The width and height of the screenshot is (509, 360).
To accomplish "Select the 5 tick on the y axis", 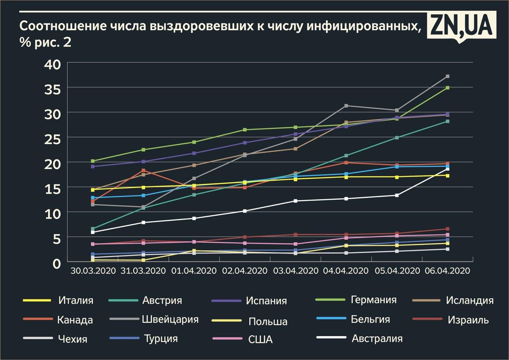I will [56, 239].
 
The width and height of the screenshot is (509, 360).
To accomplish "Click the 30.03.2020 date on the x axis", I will [93, 271].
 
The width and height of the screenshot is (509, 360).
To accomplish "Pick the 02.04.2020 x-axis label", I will [245, 271].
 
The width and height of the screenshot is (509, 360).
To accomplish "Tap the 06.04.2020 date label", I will [448, 271].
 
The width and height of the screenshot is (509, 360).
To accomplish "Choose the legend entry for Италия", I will [76, 300].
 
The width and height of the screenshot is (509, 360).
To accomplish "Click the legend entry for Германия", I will [373, 300].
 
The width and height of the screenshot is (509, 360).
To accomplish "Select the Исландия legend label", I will [470, 300].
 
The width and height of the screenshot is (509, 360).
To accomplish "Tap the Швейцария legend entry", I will [170, 319].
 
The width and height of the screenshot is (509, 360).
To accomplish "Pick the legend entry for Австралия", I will [377, 339].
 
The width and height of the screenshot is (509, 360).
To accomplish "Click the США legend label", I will [260, 340].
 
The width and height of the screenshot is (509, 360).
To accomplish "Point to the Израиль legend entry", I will [468, 319].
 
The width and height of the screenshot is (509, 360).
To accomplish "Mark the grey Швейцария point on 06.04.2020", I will [447, 76].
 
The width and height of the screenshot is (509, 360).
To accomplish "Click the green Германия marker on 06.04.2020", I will [447, 88].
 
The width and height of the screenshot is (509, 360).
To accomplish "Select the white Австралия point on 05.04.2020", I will [397, 195].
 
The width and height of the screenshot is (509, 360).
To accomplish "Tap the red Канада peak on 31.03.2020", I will [144, 170].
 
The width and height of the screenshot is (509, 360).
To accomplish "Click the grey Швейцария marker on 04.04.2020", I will [346, 106].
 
